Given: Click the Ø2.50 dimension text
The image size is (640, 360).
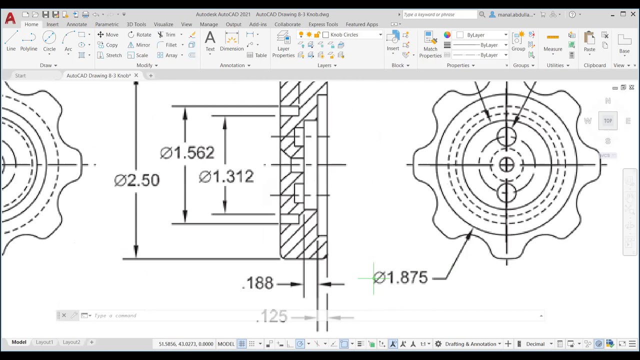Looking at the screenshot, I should (137, 180).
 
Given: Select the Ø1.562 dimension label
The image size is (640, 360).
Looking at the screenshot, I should (187, 153).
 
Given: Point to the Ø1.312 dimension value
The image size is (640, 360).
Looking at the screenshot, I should (226, 176).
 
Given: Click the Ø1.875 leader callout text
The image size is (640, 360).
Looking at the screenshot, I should (400, 278).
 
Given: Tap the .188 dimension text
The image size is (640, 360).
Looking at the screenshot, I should (258, 283).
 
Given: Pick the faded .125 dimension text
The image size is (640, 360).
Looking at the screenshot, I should (272, 316).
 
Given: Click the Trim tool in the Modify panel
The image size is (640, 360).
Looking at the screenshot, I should (167, 34).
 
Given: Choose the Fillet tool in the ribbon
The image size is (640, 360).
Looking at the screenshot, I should (167, 45).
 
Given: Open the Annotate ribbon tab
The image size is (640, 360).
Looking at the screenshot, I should (76, 24).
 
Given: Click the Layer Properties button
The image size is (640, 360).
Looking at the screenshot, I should (283, 44).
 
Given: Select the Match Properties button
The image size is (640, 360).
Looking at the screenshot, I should (430, 44).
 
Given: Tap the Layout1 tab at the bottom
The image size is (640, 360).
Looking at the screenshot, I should (44, 342).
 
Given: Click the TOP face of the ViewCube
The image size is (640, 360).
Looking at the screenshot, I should (607, 121).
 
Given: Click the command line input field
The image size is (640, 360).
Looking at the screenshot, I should (300, 315).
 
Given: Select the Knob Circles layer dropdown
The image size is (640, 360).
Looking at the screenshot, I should (353, 34).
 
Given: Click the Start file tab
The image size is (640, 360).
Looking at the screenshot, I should (20, 75).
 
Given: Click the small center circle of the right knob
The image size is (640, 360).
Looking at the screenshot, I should (506, 164).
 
